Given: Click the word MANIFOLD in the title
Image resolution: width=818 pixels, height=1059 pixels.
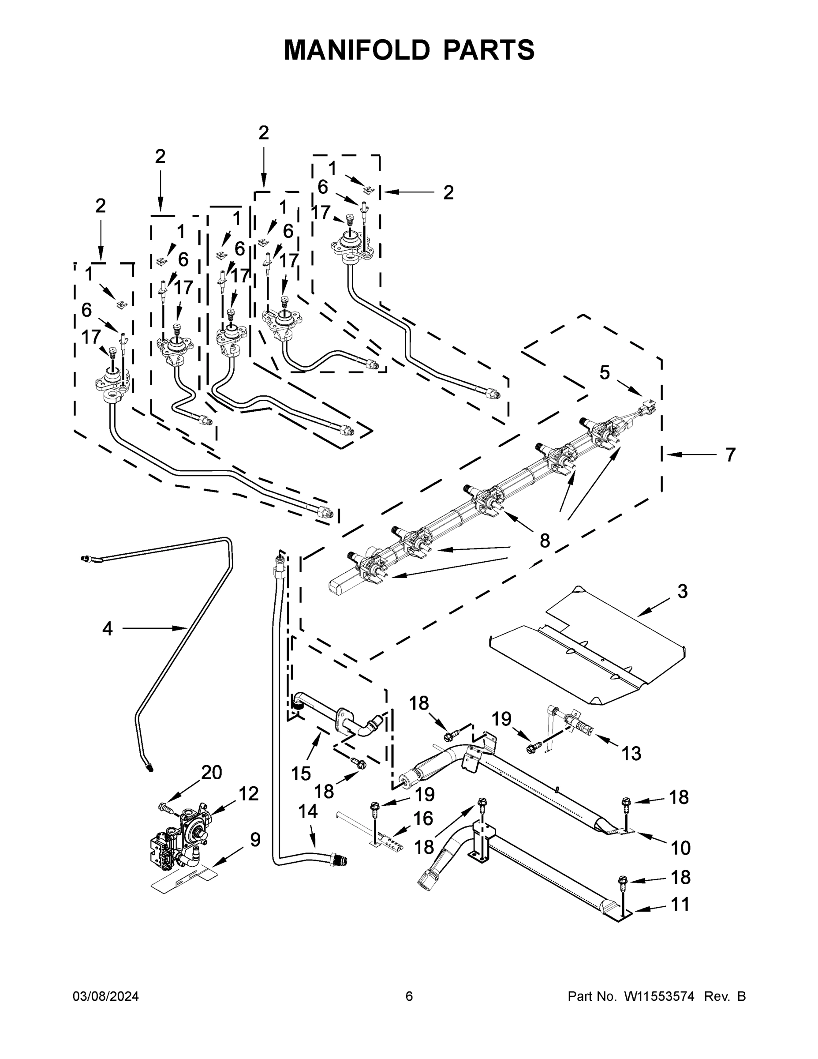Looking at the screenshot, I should click(x=357, y=50).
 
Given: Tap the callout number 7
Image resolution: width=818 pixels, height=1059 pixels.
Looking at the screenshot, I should click(x=730, y=455).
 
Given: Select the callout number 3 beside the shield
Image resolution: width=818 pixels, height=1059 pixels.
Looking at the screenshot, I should click(x=682, y=591).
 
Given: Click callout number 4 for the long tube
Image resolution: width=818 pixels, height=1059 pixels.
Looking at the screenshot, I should click(x=107, y=629).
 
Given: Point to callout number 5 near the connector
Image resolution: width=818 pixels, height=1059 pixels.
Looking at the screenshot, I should click(x=604, y=372).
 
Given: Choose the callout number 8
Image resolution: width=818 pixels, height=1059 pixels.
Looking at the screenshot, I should click(x=545, y=540).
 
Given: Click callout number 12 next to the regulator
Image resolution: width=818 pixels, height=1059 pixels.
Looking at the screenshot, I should click(x=249, y=794).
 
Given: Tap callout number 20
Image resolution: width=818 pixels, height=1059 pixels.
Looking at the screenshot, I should click(x=211, y=772).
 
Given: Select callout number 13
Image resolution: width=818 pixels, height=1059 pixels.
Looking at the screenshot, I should click(x=631, y=753).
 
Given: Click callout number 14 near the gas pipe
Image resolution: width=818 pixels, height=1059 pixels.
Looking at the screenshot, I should click(x=308, y=811).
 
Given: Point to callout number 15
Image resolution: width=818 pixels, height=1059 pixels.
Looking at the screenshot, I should click(x=300, y=774).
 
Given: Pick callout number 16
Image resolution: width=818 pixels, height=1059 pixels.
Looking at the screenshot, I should click(x=423, y=819).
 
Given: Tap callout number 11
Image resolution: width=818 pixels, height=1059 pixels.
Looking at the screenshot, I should click(x=680, y=904).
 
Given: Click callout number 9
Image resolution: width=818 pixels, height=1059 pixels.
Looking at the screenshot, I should click(x=255, y=839).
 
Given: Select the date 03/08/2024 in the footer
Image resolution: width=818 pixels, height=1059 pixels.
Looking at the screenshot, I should click(x=106, y=996).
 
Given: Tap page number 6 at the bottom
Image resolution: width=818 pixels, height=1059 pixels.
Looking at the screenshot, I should click(x=409, y=996).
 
